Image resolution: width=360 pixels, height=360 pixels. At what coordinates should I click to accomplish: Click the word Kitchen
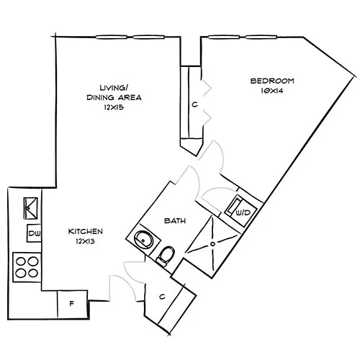86,231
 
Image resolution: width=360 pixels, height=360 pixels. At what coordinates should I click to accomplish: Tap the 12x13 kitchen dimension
86,242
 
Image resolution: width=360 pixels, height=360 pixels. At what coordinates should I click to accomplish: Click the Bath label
175,220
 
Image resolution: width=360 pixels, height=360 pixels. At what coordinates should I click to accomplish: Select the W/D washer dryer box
243,212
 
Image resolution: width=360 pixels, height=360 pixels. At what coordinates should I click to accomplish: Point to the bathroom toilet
166,254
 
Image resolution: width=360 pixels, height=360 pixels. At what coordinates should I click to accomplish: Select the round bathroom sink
143,238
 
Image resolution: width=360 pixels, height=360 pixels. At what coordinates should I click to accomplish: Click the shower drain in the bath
213,243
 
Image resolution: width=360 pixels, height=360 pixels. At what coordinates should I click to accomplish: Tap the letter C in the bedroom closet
194,104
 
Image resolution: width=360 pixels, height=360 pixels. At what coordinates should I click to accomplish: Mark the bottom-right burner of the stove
33,273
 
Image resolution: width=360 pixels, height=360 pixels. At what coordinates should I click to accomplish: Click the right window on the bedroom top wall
257,35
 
